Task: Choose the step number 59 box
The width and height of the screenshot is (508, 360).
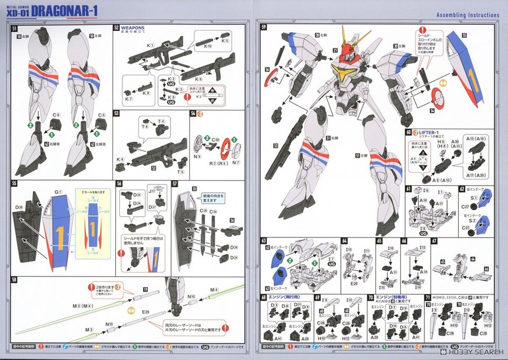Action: pyautogui.click(x=263, y=26)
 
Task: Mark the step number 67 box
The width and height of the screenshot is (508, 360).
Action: pyautogui.click(x=434, y=240)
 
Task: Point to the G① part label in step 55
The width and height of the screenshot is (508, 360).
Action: pyautogui.click(x=58, y=191)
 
